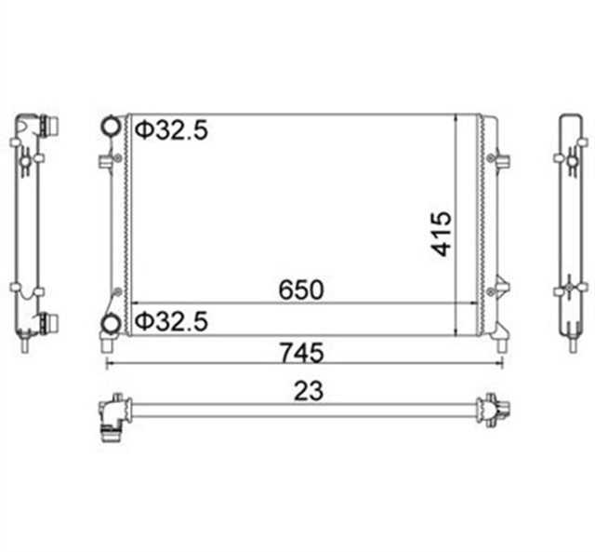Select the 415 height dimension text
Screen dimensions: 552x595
coord(441,233)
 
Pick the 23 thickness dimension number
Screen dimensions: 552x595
coord(308,391)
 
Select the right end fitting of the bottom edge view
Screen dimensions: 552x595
coord(491,410)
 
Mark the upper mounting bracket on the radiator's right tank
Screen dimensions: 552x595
coord(502,158)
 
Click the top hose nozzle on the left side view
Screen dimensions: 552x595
coord(50,125)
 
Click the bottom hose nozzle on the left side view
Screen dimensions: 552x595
coord(50,323)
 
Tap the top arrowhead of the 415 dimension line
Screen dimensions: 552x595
coord(454,119)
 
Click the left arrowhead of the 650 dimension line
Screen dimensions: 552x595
coord(136,303)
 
